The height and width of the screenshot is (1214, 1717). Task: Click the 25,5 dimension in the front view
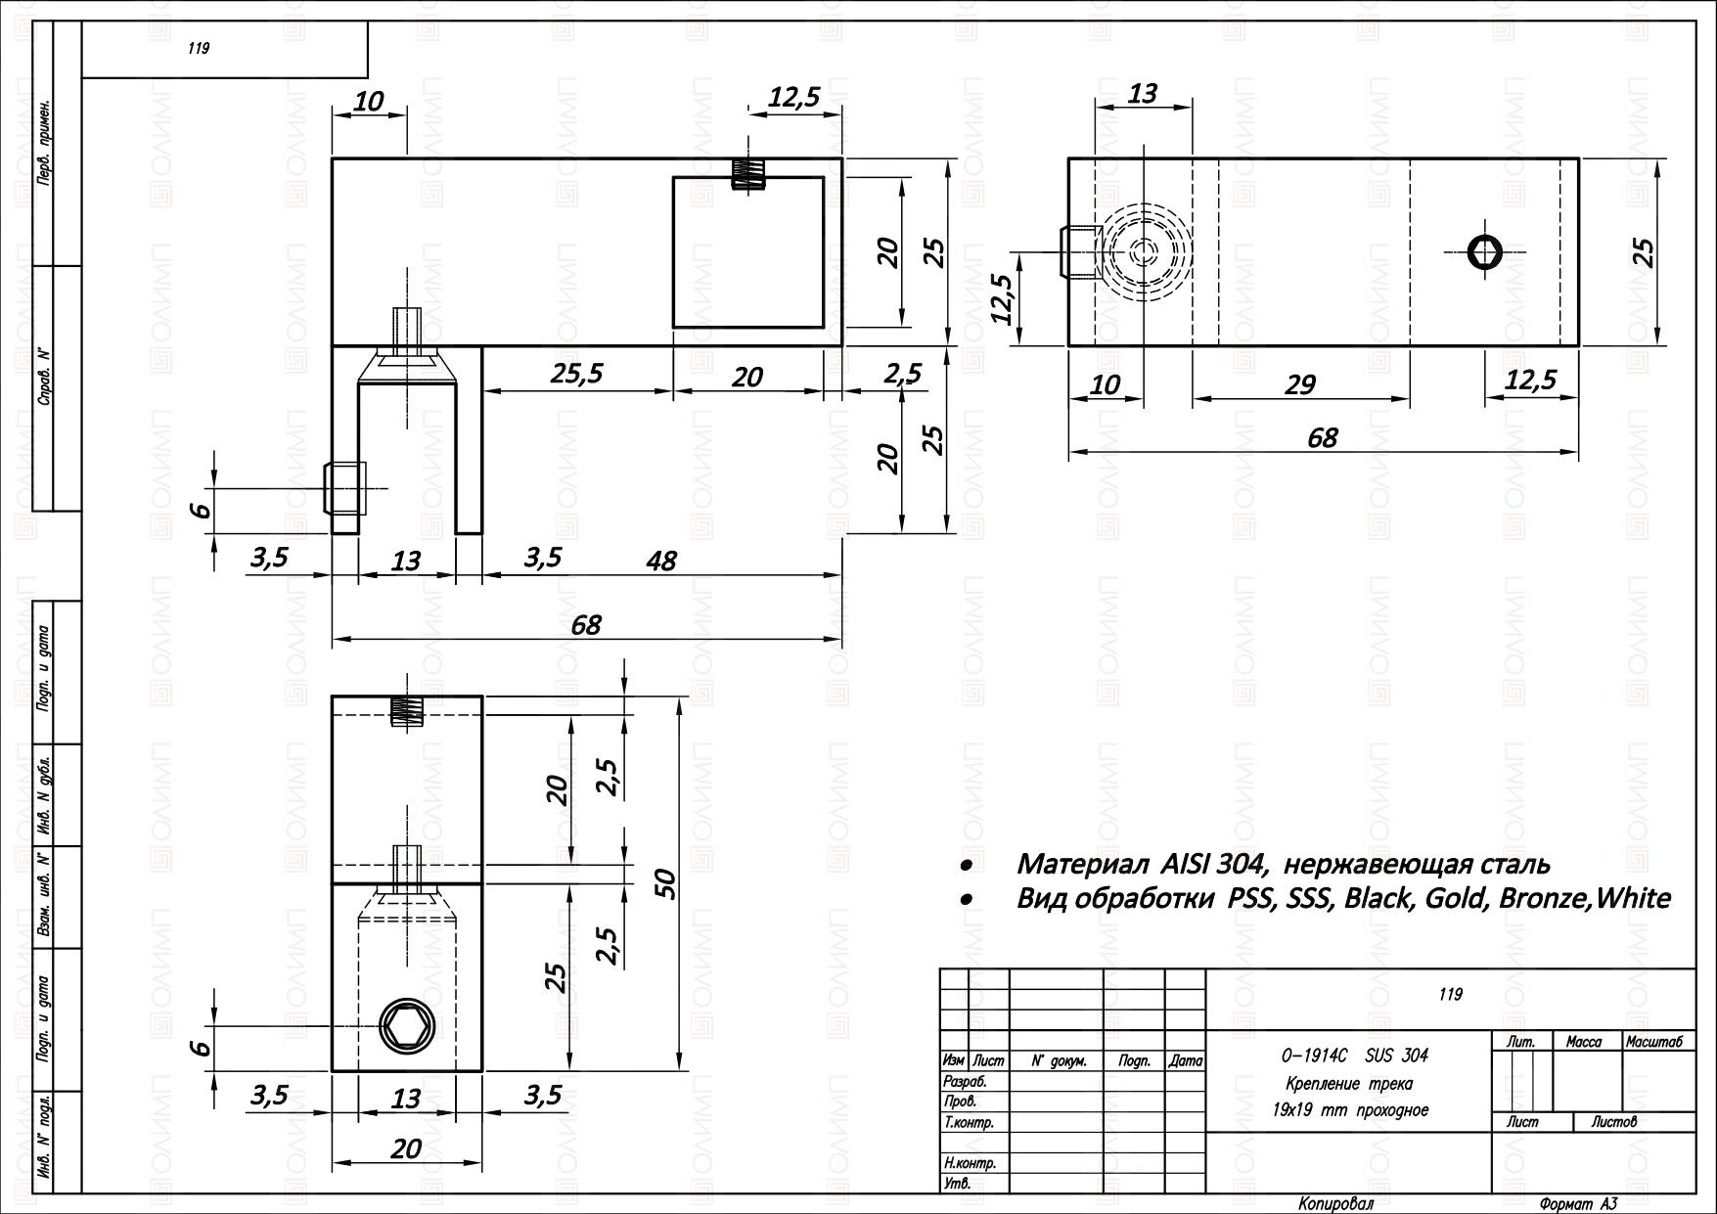[576, 374]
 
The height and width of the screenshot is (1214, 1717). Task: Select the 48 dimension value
[661, 561]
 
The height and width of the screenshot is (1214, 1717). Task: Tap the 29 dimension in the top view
[1299, 384]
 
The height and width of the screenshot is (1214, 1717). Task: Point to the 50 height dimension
[665, 884]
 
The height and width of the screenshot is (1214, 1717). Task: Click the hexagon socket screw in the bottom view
[406, 1026]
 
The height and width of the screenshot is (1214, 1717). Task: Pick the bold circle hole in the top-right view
[1485, 251]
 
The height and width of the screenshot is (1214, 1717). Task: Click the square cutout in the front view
[748, 252]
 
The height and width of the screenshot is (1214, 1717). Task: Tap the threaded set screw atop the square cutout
[748, 174]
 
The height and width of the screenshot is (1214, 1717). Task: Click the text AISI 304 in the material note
[1214, 864]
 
